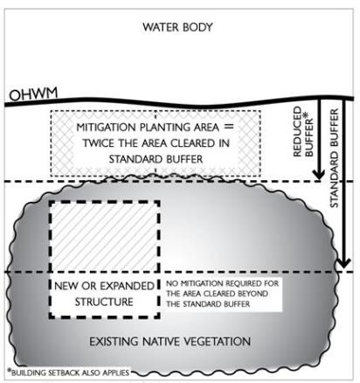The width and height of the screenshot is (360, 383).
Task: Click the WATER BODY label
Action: [x=177, y=27]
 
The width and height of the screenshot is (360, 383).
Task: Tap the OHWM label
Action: [x=33, y=94]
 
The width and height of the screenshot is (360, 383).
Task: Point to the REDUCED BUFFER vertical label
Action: [x=303, y=132]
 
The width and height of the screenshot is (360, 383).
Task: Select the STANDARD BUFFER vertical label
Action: [x=334, y=158]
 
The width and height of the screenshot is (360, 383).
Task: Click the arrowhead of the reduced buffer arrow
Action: [x=319, y=175]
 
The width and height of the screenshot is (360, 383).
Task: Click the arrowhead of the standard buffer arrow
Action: [x=343, y=263]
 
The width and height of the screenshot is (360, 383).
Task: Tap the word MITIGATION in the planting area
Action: [x=106, y=128]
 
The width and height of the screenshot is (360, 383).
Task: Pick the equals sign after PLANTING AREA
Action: [x=229, y=127]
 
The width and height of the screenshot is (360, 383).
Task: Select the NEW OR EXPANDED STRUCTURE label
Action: [x=104, y=294]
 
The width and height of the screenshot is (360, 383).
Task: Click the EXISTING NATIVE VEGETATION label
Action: [x=170, y=341]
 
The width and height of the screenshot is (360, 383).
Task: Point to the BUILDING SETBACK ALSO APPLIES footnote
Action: [x=68, y=373]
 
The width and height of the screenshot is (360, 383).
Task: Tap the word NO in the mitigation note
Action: [x=172, y=283]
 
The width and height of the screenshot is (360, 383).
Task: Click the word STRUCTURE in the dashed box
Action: [x=104, y=302]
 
